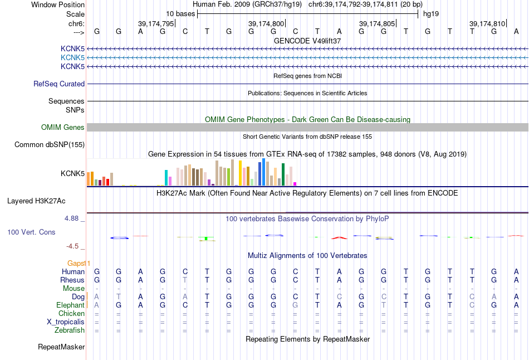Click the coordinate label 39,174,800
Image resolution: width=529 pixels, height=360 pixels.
click(266, 24)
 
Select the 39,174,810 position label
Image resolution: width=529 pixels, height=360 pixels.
click(487, 24)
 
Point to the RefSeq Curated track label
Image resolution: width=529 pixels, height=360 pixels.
click(59, 84)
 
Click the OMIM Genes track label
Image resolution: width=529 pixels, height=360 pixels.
click(63, 128)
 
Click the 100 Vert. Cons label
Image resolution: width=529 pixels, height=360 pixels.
click(31, 232)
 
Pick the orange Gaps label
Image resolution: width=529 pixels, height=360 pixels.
click(79, 263)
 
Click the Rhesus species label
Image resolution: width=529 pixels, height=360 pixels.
click(72, 280)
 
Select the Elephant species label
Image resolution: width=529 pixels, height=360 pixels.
click(70, 305)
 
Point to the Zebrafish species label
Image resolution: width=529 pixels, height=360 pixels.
click(70, 330)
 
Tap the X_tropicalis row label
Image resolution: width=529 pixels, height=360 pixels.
click(66, 322)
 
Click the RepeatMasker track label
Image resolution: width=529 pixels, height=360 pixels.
click(61, 347)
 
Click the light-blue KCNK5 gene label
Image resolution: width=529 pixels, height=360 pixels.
click(72, 58)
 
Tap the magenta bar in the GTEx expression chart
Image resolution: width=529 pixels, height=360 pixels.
click(295, 183)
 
